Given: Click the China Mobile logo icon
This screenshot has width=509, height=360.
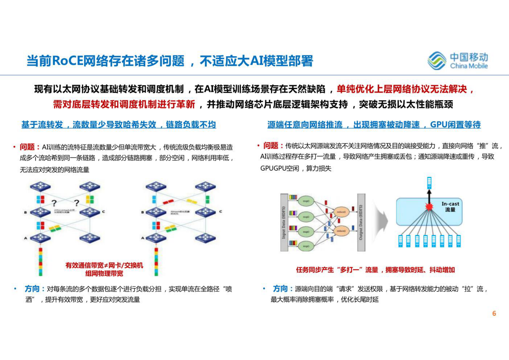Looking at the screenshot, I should [x=437, y=60].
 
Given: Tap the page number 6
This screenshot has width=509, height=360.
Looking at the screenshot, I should [x=494, y=313].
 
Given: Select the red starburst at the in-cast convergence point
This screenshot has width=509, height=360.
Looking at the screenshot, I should [x=429, y=207].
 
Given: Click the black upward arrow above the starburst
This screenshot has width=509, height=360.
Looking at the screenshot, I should [x=429, y=195].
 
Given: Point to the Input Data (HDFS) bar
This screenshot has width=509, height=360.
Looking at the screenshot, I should [x=284, y=222].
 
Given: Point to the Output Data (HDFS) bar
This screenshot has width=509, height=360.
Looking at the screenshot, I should [x=361, y=222].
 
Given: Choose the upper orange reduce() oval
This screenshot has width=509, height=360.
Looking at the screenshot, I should [x=341, y=212].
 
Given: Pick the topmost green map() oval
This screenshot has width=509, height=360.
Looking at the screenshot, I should [x=306, y=201].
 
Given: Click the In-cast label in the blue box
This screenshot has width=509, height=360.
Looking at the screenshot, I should [x=450, y=204].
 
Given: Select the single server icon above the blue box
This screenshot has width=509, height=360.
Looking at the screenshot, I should [x=429, y=183].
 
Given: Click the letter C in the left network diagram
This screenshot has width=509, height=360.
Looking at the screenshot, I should [x=103, y=212].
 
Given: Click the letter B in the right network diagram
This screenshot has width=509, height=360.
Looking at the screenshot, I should [x=143, y=212].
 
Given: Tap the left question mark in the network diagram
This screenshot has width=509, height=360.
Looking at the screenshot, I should [x=54, y=203].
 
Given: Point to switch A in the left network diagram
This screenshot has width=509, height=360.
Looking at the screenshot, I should [x=40, y=238].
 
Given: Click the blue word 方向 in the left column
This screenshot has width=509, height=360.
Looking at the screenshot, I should [x=32, y=289].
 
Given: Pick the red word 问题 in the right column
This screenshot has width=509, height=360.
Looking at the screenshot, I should [x=271, y=146].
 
